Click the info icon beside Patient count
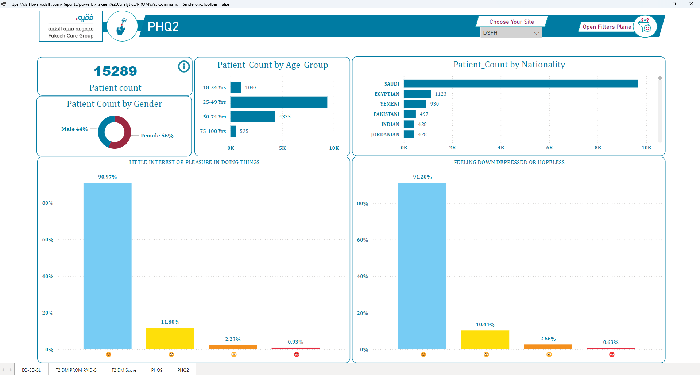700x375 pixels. (184, 66)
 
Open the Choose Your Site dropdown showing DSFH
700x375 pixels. (511, 33)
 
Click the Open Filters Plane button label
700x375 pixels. (607, 27)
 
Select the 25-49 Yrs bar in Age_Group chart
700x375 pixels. (279, 102)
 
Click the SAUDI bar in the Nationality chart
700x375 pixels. (521, 84)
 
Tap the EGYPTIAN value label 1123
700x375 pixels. (441, 94)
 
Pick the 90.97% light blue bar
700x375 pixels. (108, 266)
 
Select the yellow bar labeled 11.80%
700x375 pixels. (170, 339)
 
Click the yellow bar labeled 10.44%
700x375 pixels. (485, 340)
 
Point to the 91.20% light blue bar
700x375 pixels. (422, 266)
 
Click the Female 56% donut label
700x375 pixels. (157, 136)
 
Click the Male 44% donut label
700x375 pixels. (75, 129)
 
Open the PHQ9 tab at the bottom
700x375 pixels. (157, 370)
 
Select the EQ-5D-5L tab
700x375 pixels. (31, 370)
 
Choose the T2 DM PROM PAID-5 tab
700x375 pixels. (76, 370)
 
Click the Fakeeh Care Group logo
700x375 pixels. (71, 26)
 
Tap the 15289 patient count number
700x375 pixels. (116, 71)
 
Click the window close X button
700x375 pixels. (691, 4)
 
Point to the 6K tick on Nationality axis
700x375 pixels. (549, 148)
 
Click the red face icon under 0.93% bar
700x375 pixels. (297, 355)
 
